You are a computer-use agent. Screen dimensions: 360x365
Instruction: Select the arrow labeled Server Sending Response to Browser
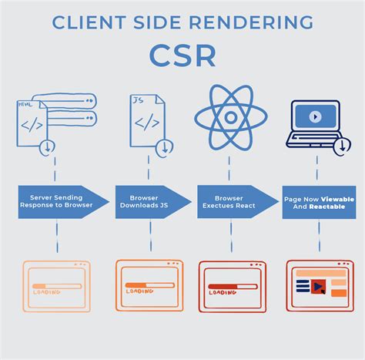[x=62, y=202]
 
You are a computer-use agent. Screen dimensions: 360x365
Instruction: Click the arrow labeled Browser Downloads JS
[x=149, y=202]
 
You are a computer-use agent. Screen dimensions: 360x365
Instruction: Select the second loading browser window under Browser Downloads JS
[x=149, y=285]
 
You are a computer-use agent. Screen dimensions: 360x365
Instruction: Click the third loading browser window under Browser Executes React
[x=231, y=285]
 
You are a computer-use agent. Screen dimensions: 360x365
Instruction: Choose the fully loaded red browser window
[x=319, y=285]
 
